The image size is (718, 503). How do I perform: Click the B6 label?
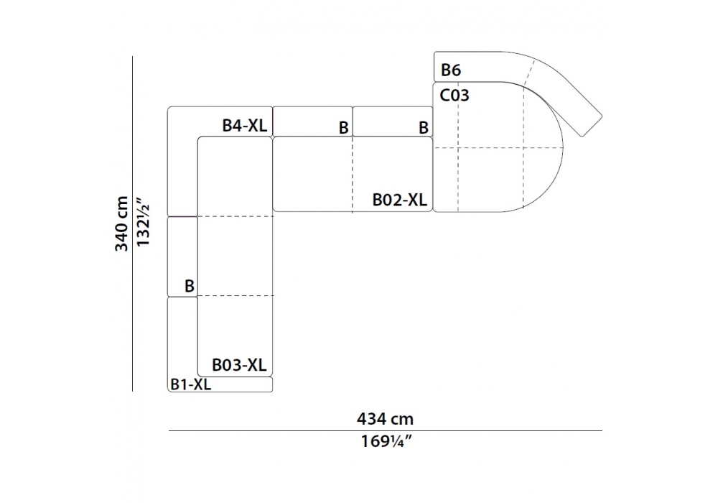(451, 70)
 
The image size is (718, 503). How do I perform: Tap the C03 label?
(454, 96)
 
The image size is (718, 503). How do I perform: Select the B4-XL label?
(245, 125)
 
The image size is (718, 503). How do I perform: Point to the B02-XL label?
(399, 200)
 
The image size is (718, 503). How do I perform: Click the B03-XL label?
(239, 365)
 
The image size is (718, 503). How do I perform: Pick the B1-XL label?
(190, 384)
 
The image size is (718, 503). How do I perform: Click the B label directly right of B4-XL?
(343, 128)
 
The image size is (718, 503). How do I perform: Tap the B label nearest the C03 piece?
(424, 128)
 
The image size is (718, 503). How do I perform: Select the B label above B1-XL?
(189, 286)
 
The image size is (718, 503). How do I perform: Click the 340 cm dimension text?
(121, 223)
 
